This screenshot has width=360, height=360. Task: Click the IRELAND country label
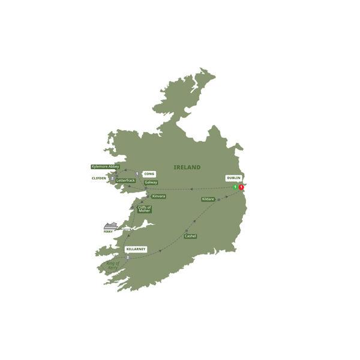(x=187, y=167)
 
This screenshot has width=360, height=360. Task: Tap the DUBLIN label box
(x=234, y=178)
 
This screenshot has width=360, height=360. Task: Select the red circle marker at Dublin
(x=242, y=187)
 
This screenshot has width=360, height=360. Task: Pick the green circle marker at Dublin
(x=235, y=187)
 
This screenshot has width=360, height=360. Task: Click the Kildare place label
(x=208, y=199)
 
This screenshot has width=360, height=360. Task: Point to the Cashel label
(x=190, y=236)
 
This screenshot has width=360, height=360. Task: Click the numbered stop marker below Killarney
(x=128, y=258)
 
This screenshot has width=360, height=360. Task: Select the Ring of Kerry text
(x=113, y=266)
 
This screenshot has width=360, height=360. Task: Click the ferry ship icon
(x=110, y=226)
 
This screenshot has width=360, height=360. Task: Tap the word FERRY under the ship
(x=108, y=232)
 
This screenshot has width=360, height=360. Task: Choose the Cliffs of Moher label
(x=144, y=209)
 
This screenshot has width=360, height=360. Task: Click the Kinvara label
(x=158, y=196)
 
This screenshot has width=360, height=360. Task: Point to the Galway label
(x=151, y=182)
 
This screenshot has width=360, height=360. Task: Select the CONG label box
(x=149, y=174)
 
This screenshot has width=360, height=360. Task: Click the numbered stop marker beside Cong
(x=137, y=174)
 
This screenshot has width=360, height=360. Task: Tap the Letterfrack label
(x=126, y=180)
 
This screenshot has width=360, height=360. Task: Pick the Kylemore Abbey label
(x=105, y=166)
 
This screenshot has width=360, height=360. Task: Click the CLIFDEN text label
(x=99, y=178)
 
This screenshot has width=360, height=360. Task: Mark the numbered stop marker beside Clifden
(x=112, y=178)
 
